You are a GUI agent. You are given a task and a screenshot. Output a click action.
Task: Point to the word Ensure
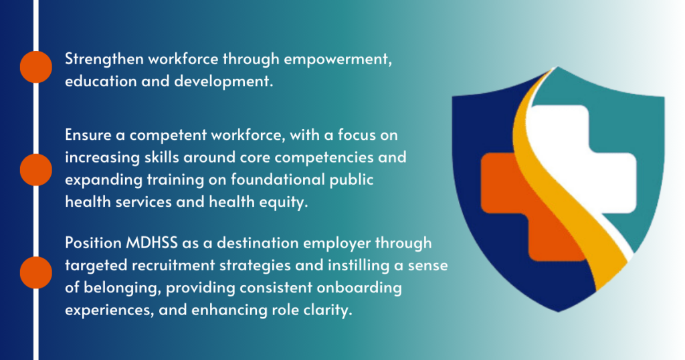tap(88, 135)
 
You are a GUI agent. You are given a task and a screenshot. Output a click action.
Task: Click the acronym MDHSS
tap(152, 243)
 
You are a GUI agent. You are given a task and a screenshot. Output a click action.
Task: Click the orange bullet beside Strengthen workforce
tap(36, 67)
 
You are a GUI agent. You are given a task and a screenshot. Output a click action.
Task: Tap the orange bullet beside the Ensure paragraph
tap(36, 169)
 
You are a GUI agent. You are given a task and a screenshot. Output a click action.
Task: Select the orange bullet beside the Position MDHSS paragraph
tap(36, 272)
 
